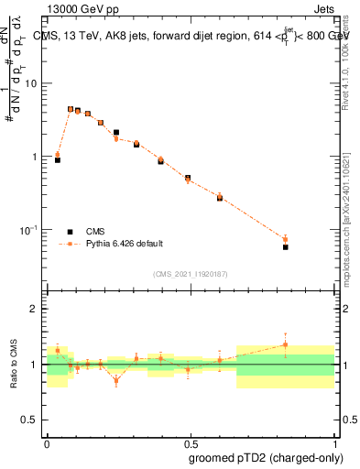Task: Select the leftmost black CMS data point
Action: click(x=58, y=159)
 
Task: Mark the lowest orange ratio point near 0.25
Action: click(x=116, y=380)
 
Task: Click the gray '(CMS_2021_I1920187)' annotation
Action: click(x=191, y=273)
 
